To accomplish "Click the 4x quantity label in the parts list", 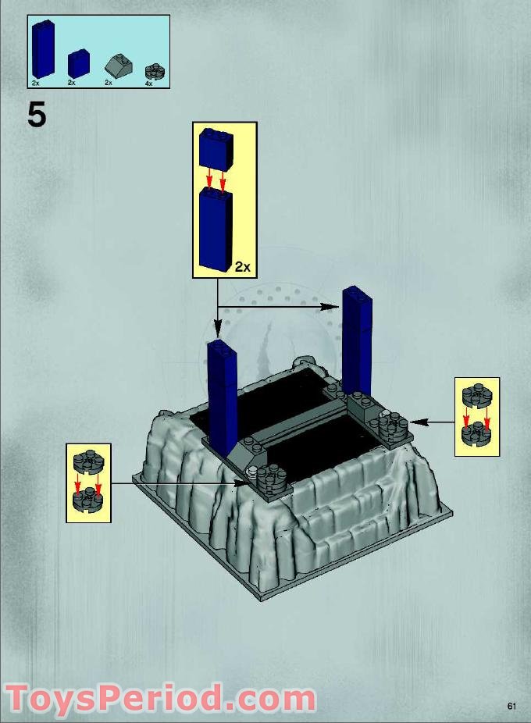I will point(149,83).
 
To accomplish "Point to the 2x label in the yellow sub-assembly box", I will point(242,267).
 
